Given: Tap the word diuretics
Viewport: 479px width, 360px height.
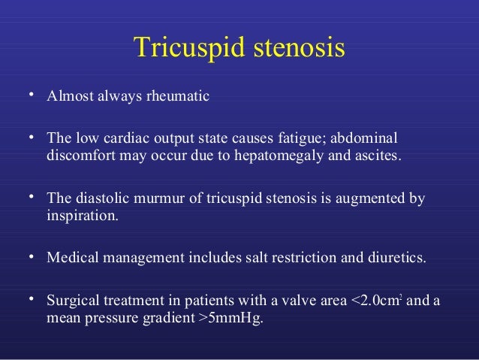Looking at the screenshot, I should (396, 259).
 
